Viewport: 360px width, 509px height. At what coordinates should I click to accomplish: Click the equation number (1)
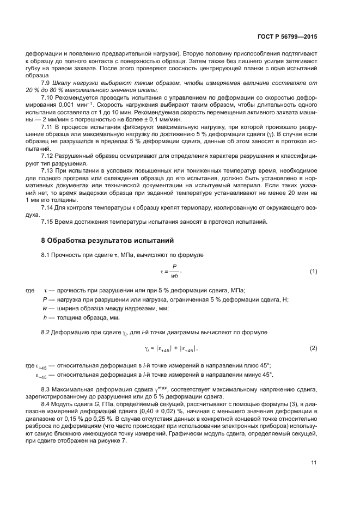point(313,271)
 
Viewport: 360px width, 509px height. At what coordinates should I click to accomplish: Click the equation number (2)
point(313,347)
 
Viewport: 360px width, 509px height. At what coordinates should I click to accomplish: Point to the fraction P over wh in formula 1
point(174,271)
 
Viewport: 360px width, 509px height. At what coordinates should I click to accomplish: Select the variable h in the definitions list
point(44,317)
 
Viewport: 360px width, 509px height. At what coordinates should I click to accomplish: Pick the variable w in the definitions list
point(44,308)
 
